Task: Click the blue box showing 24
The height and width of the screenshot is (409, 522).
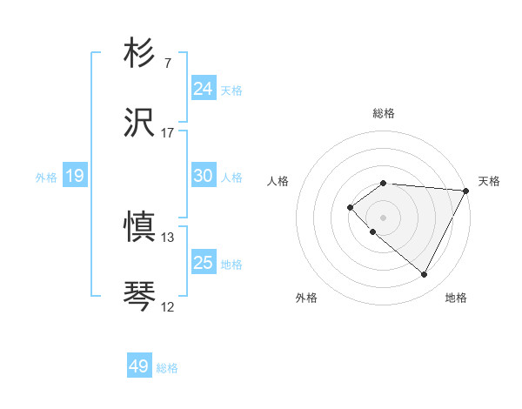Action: (x=204, y=89)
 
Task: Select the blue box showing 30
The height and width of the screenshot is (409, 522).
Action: (x=204, y=176)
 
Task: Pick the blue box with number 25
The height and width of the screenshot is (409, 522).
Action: (x=204, y=263)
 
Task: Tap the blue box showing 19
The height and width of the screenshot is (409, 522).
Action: (x=75, y=176)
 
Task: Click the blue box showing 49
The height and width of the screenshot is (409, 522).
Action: (x=139, y=366)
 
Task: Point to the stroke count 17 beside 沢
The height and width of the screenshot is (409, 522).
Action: (x=168, y=133)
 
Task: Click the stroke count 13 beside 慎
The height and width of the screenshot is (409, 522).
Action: (x=168, y=238)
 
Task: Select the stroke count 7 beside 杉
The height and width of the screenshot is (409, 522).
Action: (x=167, y=64)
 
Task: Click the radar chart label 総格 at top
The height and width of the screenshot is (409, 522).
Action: (x=384, y=113)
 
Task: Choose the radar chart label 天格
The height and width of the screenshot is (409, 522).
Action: (x=489, y=181)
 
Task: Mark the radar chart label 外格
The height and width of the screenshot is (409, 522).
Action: (x=306, y=298)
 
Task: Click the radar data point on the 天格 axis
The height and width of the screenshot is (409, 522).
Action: (x=466, y=191)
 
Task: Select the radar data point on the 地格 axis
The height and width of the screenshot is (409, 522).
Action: (x=425, y=275)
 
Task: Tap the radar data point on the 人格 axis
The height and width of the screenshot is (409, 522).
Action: (x=350, y=206)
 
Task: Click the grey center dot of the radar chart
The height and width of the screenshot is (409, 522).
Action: (x=384, y=217)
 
